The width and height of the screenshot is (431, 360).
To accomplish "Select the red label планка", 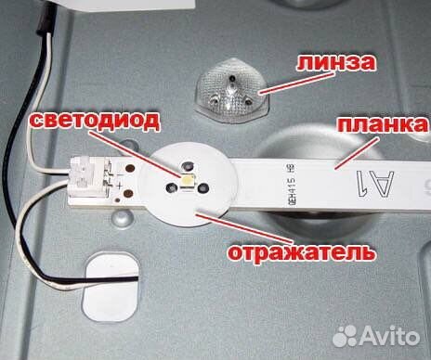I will pos(380,123).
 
